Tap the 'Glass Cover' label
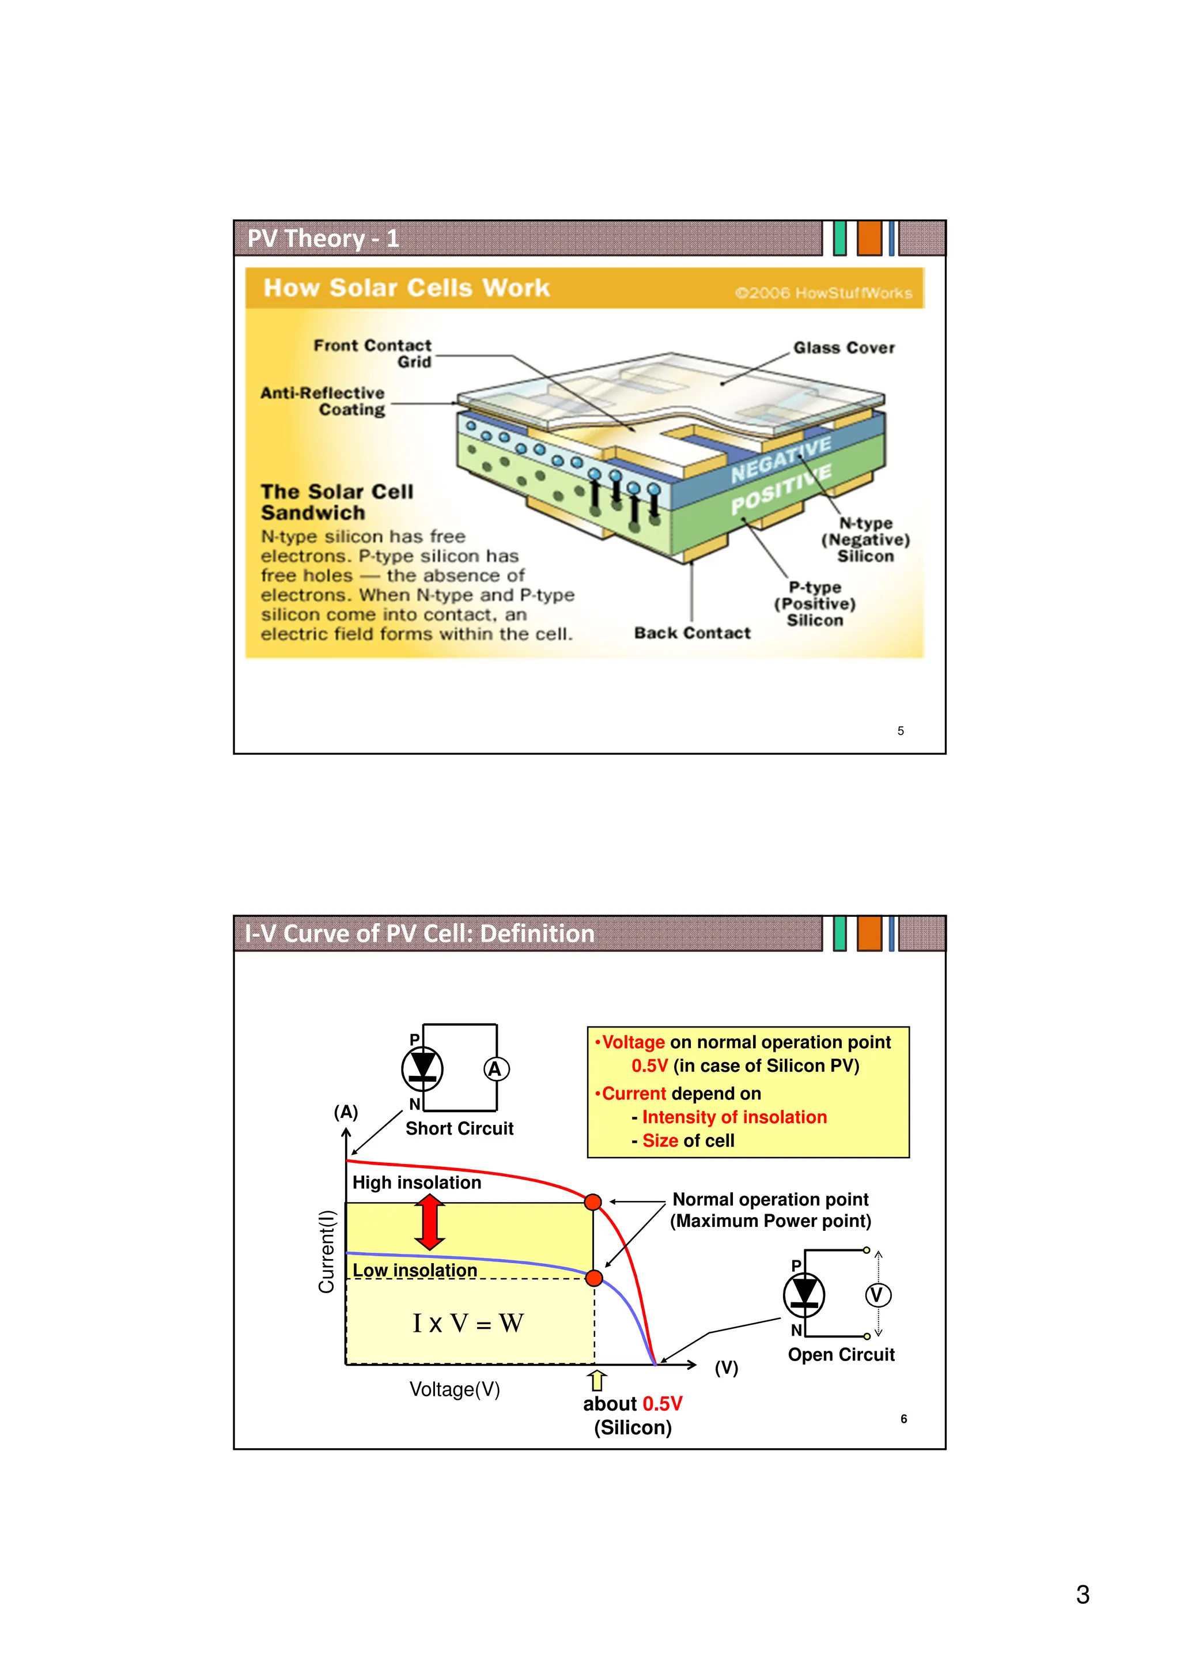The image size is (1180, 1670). click(x=844, y=347)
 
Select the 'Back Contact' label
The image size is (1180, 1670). click(x=691, y=633)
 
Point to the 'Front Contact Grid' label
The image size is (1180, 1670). click(x=372, y=353)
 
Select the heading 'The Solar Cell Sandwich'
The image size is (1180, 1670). click(x=336, y=502)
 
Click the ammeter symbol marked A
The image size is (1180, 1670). click(x=496, y=1069)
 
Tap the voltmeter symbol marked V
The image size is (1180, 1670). click(x=878, y=1295)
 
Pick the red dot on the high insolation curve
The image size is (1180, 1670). click(x=593, y=1202)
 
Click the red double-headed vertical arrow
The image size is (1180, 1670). click(x=430, y=1223)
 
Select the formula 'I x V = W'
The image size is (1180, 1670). click(x=467, y=1323)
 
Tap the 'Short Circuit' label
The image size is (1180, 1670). click(x=459, y=1128)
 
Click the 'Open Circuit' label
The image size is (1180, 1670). click(x=841, y=1354)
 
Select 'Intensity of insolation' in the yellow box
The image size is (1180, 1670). click(x=734, y=1117)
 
